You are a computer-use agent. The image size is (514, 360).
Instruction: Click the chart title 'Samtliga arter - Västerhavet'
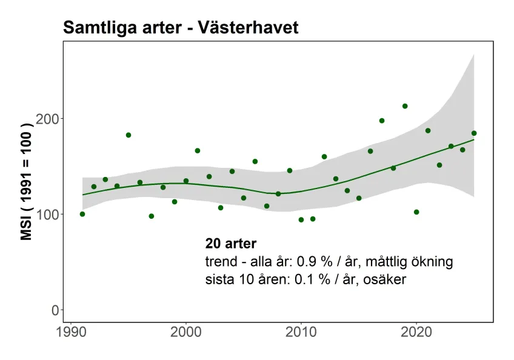click(x=180, y=28)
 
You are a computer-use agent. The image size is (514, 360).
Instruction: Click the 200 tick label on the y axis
click(x=52, y=118)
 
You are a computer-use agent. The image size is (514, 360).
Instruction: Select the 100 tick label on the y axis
click(x=52, y=214)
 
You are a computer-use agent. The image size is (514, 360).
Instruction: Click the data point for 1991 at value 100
click(x=82, y=214)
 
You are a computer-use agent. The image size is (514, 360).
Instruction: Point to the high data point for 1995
click(x=128, y=135)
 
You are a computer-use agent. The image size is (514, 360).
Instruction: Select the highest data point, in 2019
click(x=405, y=106)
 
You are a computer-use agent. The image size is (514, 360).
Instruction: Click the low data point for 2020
click(x=416, y=212)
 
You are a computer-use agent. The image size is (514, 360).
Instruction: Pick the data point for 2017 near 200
click(x=382, y=121)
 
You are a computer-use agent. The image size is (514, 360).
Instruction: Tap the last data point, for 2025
click(x=474, y=133)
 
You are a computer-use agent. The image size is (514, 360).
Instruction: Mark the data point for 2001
click(x=198, y=150)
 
